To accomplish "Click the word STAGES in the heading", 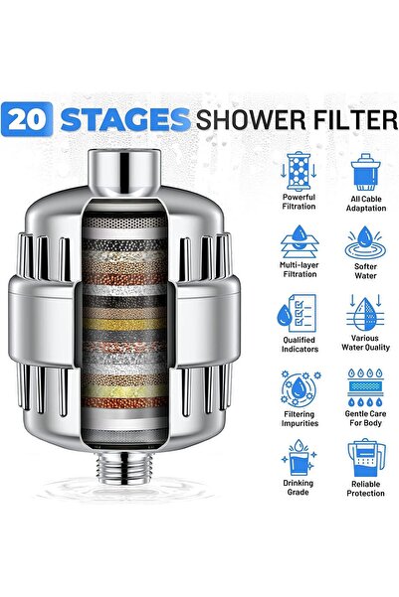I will tap(124, 120).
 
